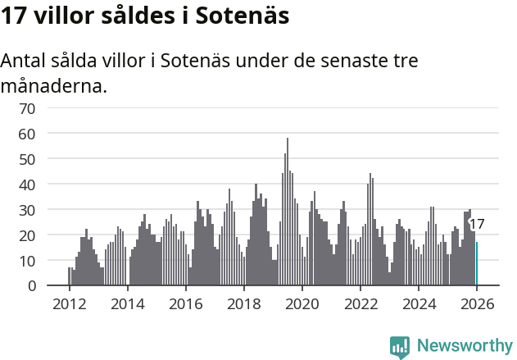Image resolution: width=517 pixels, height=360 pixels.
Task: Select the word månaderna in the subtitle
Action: [54, 85]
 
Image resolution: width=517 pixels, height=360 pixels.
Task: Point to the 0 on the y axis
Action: [31, 286]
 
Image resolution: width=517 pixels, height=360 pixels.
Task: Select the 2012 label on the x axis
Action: [68, 304]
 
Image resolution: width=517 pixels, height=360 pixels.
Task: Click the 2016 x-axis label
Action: [185, 304]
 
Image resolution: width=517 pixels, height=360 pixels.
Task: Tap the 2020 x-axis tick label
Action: [302, 304]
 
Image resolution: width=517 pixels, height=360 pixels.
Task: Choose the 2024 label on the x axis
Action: [419, 304]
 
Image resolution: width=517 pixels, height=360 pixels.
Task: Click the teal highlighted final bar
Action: [477, 264]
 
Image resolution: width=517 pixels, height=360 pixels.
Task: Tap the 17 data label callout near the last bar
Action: [477, 224]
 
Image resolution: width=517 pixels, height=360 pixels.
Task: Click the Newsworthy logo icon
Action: [400, 346]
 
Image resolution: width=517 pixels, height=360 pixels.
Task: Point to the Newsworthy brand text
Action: [464, 346]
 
